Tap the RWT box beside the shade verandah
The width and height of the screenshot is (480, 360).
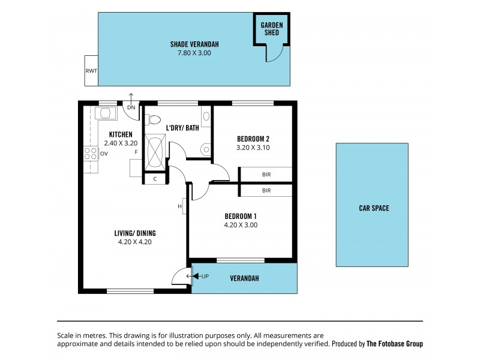click(x=91, y=70)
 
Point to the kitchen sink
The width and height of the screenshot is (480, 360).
click(x=106, y=113)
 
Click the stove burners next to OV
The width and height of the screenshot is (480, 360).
click(x=91, y=153)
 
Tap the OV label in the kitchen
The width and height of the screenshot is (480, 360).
click(x=104, y=154)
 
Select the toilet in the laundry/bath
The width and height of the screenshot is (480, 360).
click(x=153, y=119)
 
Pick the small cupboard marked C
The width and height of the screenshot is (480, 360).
click(x=155, y=179)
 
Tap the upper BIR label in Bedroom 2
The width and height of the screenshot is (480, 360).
click(x=266, y=175)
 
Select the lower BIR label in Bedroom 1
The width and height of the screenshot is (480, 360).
click(x=266, y=190)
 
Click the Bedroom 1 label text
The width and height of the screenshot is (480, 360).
click(x=241, y=216)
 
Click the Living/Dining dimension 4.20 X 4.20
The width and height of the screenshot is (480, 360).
click(x=136, y=242)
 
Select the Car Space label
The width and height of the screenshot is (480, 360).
click(x=374, y=208)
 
